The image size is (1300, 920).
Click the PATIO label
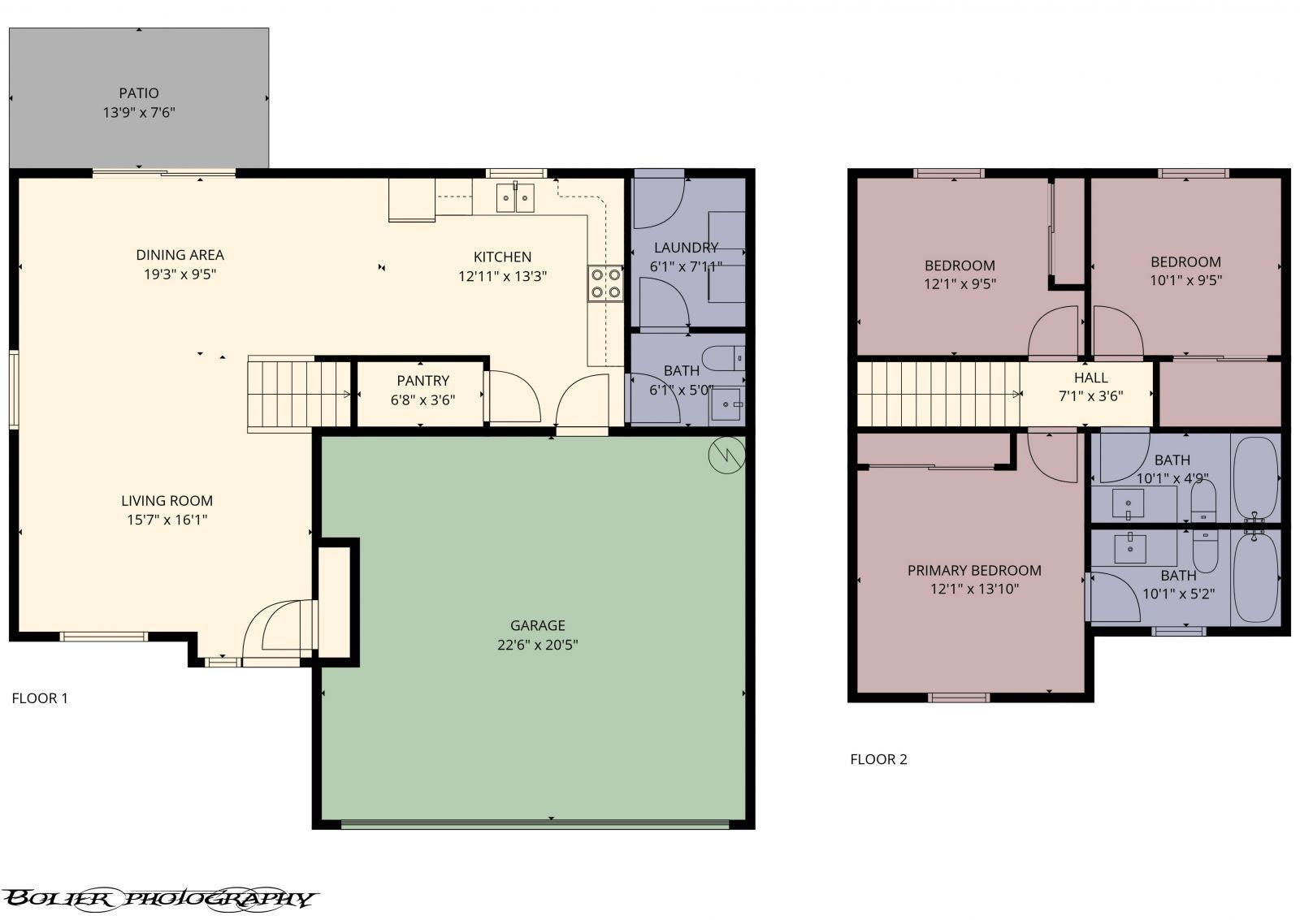(139, 93)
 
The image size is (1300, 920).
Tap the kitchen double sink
(515, 198)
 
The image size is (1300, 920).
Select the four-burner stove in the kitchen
(605, 283)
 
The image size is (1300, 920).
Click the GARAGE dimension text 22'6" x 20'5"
(537, 645)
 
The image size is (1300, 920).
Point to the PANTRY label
(423, 381)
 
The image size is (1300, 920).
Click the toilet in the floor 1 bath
(723, 358)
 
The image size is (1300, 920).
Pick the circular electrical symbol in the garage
(726, 455)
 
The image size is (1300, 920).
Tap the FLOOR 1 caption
(40, 698)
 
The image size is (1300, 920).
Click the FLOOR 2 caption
(878, 759)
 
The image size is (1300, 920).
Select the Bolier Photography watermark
(159, 899)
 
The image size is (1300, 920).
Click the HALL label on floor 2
(1091, 378)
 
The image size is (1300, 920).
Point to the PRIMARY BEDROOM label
(974, 570)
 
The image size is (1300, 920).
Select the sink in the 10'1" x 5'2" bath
(1130, 549)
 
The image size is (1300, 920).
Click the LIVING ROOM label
(167, 501)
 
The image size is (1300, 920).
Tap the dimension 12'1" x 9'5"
(960, 283)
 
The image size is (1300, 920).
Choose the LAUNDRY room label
(686, 248)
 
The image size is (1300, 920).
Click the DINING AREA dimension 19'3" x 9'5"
(180, 274)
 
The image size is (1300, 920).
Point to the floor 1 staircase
(300, 395)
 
